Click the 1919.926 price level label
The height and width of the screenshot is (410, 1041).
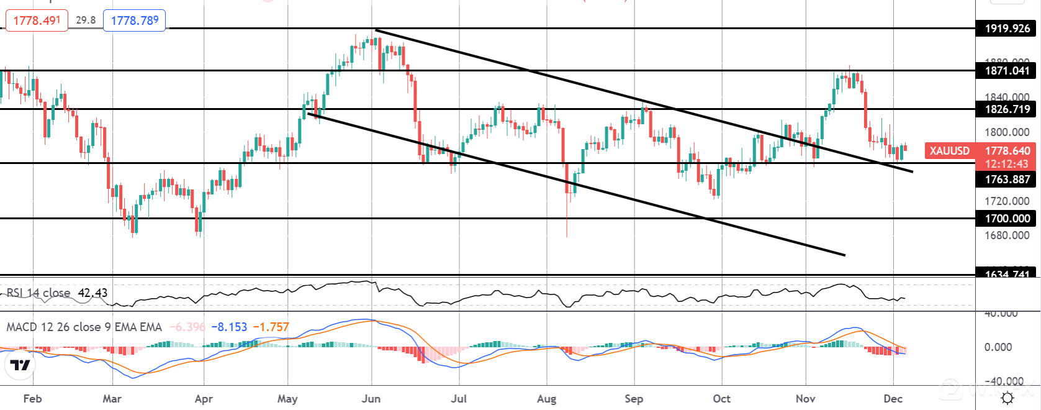[x=1007, y=29]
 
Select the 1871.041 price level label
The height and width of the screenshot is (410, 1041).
[x=1007, y=71]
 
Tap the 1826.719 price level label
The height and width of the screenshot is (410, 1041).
[x=1007, y=109]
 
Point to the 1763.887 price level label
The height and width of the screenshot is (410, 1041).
[x=1007, y=180]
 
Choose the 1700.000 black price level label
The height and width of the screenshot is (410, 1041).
[x=1007, y=219]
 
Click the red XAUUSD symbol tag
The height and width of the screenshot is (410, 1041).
[x=949, y=151]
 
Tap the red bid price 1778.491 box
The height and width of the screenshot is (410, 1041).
[x=37, y=20]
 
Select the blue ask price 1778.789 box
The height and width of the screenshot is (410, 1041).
[x=135, y=20]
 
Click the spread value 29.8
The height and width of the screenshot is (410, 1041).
[x=86, y=20]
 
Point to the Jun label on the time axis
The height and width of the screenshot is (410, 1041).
[x=371, y=399]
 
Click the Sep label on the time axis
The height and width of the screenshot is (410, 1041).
[x=634, y=399]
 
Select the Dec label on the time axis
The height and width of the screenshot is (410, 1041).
[x=893, y=399]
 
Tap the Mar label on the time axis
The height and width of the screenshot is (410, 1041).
[x=112, y=399]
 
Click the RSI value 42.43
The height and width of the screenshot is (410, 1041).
[x=92, y=293]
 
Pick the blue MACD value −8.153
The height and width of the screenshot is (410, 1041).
[x=229, y=327]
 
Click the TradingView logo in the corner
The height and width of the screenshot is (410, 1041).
[x=20, y=365]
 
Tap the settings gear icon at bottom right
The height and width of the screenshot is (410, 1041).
[x=1007, y=398]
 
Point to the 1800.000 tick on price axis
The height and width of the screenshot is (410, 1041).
[x=1007, y=132]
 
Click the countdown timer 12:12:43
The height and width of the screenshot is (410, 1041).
[x=1007, y=164]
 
